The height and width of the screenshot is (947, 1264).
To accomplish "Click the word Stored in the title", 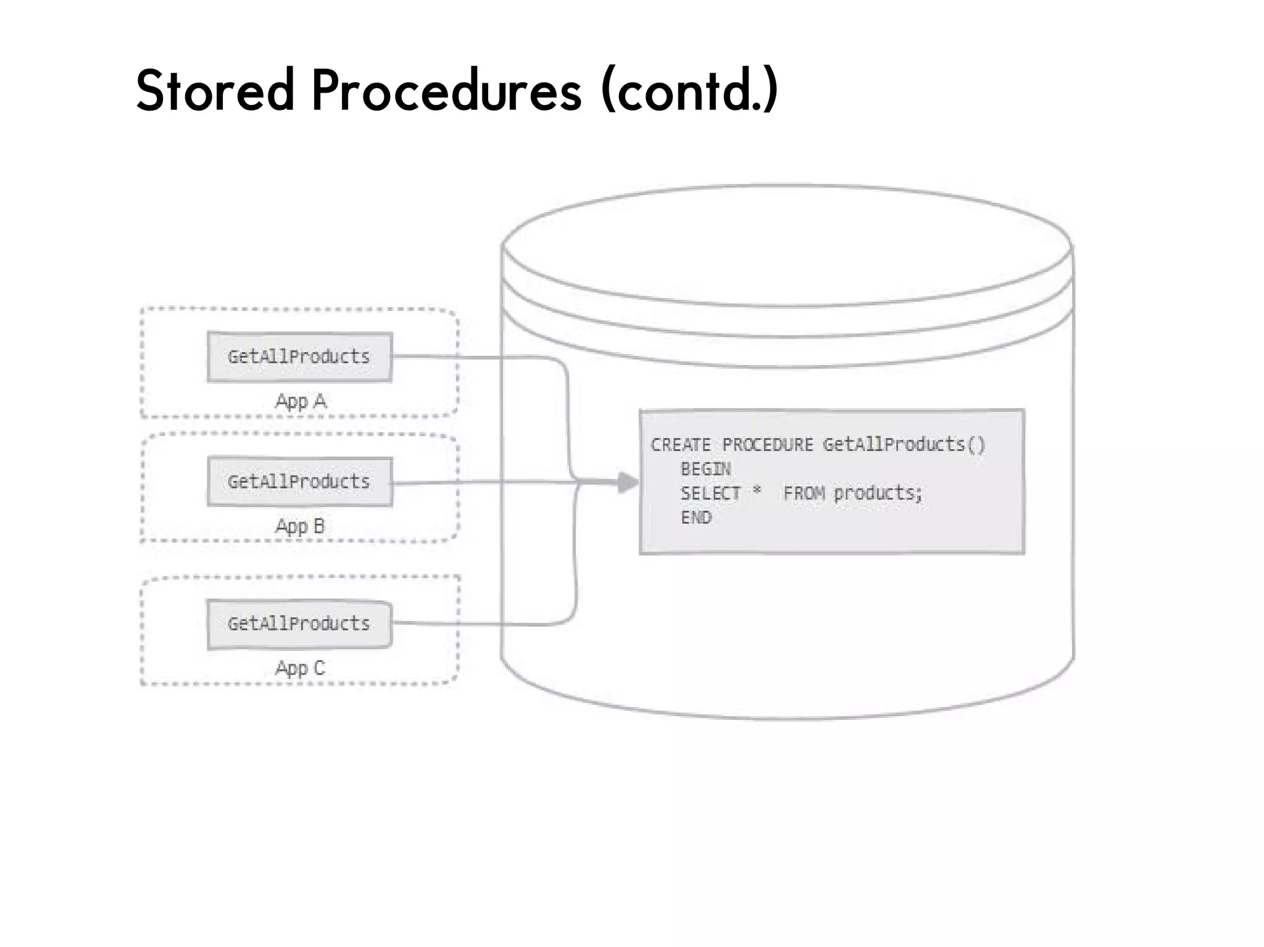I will [215, 91].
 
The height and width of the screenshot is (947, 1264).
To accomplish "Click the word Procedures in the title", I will [446, 91].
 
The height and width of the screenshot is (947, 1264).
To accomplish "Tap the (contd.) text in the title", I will [689, 91].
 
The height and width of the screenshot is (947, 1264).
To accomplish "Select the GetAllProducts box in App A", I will [299, 357].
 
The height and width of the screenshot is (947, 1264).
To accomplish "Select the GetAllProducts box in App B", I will [299, 482].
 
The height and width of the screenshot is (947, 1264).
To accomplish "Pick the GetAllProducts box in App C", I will [299, 624].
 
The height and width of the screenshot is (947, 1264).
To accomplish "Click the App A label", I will [301, 402].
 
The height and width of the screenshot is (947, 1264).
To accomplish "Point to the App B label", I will [300, 526].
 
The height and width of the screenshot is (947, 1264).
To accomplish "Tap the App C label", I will [300, 668].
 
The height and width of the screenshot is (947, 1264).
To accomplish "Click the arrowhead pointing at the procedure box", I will [628, 482].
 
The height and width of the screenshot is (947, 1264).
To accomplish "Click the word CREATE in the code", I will [681, 445].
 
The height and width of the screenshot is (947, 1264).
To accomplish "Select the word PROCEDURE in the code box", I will [768, 445].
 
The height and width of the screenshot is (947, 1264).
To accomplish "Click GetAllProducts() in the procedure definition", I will [904, 444].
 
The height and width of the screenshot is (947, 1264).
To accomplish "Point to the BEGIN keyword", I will [705, 469].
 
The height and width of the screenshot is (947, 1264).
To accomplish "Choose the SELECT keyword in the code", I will [710, 494].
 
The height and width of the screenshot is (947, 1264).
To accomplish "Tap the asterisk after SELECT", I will [757, 491].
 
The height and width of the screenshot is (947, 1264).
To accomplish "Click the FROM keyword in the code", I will [804, 494].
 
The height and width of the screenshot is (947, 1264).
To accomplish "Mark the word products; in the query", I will [878, 494].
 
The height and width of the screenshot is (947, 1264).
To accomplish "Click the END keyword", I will [696, 518].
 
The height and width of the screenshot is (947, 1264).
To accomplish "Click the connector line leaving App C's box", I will [481, 624].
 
